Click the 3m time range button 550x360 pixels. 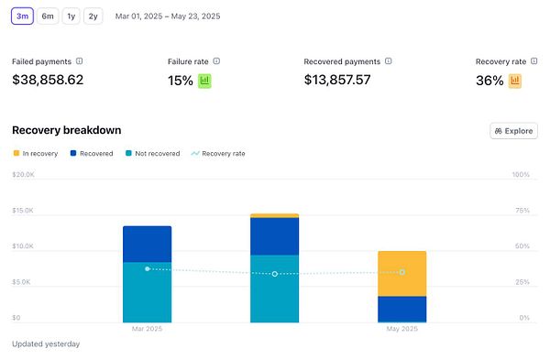click(x=23, y=16)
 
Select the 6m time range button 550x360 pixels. click(x=48, y=16)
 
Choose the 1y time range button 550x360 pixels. click(x=71, y=16)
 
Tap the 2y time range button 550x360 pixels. click(x=93, y=16)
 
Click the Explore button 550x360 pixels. click(x=513, y=131)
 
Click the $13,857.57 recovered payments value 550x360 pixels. click(x=350, y=80)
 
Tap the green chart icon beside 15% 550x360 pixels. click(x=205, y=81)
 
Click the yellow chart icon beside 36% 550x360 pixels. click(x=515, y=81)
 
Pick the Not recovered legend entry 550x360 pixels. click(x=157, y=153)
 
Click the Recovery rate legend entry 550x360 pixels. click(x=220, y=153)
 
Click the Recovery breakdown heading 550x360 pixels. click(x=66, y=130)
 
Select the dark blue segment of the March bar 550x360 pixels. click(x=147, y=244)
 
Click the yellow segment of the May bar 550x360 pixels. click(x=401, y=273)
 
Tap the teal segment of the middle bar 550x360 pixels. click(x=274, y=289)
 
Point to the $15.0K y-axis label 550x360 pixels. click(x=23, y=210)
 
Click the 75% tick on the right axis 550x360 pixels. click(x=521, y=210)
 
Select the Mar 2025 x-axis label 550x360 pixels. click(x=147, y=328)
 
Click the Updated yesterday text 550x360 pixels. click(x=46, y=344)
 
